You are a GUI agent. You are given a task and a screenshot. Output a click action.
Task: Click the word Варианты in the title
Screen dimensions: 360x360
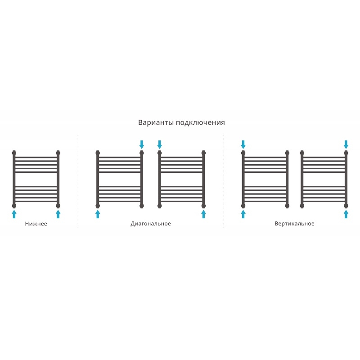coord(156,122)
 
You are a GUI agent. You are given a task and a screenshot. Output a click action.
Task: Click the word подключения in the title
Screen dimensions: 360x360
coord(200,123)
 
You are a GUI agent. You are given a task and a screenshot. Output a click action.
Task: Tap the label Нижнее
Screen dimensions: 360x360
coord(36,224)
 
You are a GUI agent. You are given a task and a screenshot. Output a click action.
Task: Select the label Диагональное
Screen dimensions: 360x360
coord(151,224)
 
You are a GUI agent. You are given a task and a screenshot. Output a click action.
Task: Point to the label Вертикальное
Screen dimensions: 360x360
coord(294,224)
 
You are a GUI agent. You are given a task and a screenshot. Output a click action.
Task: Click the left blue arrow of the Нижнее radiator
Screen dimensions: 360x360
coord(14,214)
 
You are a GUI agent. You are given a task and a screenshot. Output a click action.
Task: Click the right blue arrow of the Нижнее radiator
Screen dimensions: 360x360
coord(58,214)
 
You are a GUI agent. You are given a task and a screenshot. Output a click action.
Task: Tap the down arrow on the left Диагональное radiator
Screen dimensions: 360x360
coord(142,144)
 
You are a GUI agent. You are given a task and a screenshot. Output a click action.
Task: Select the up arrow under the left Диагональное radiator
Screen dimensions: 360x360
coord(98,214)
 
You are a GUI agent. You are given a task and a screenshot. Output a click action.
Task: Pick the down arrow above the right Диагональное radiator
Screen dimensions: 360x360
coord(160,144)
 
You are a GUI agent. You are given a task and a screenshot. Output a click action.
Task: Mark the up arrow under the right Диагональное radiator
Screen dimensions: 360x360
coord(203,214)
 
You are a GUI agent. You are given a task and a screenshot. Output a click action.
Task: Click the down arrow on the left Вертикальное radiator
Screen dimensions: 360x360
coord(243,144)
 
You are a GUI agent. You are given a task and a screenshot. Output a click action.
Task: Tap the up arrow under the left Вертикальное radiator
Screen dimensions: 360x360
coord(243,214)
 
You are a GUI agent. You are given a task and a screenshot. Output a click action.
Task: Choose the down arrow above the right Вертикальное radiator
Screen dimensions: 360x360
coord(346,144)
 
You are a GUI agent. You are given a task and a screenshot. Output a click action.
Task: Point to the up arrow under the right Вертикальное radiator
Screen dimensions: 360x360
coord(346,214)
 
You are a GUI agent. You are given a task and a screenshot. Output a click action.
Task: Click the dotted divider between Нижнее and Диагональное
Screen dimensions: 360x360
coord(78,181)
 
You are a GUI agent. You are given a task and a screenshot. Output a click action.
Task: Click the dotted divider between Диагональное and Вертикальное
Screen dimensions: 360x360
coord(223,181)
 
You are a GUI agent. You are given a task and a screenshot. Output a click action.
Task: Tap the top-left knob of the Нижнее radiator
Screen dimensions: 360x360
coord(14,153)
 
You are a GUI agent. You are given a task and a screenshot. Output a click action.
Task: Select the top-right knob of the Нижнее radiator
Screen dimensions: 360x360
coord(58,153)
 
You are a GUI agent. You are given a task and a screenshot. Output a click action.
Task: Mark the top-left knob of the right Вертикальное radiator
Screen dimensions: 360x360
coord(302,153)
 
